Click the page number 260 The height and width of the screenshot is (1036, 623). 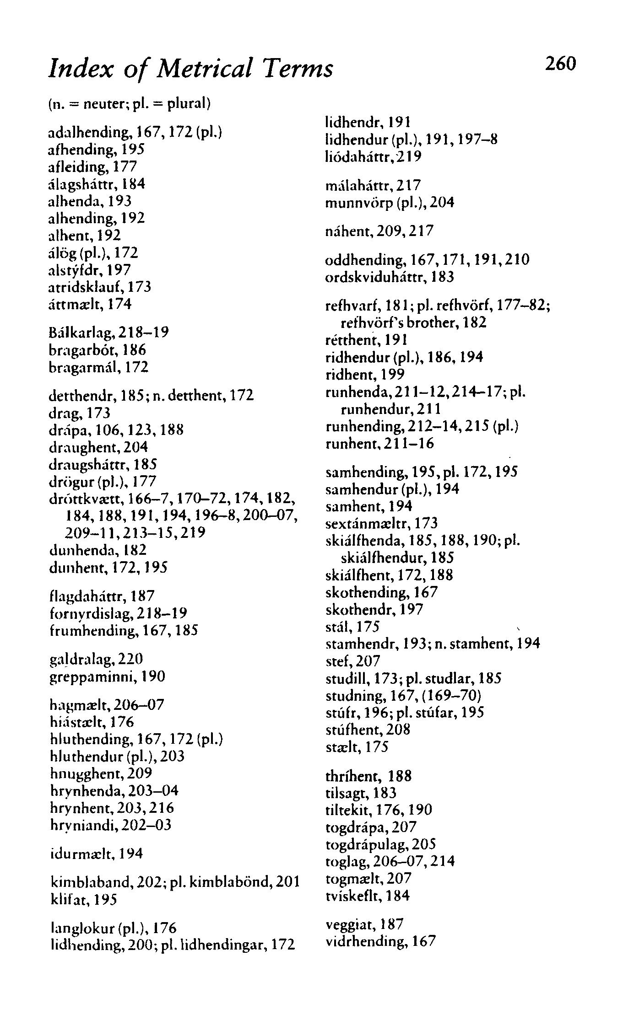[x=559, y=64]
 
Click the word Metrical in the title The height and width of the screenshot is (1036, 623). [x=204, y=70]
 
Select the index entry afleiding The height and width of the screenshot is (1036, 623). [x=72, y=167]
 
